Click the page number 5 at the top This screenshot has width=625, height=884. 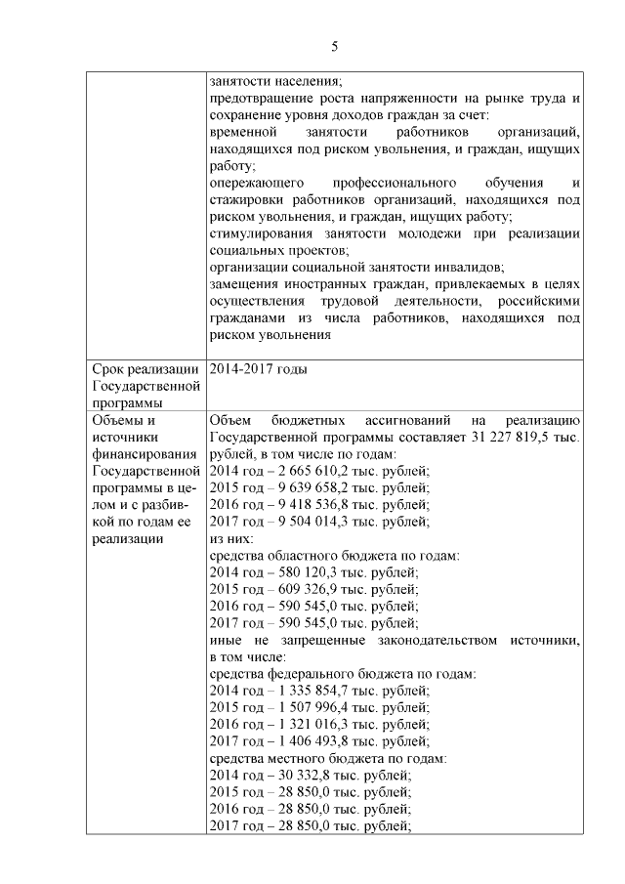[x=334, y=47]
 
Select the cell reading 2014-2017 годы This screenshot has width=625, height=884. [x=259, y=369]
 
